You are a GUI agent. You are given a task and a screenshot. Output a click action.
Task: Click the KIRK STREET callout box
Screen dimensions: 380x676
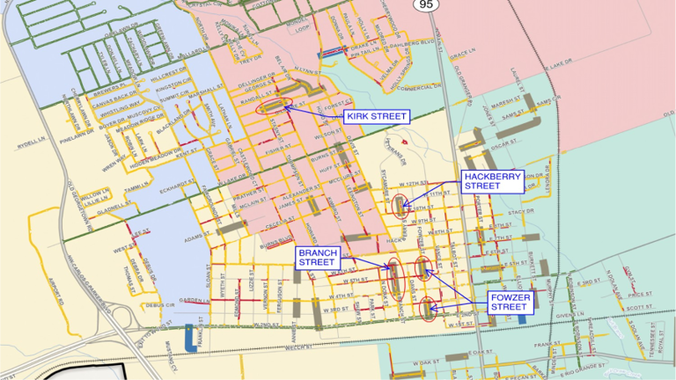376,116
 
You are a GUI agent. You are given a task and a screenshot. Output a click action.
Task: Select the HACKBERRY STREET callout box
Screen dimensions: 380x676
492,181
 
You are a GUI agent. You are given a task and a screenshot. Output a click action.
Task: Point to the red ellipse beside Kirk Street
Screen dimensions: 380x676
275,106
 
